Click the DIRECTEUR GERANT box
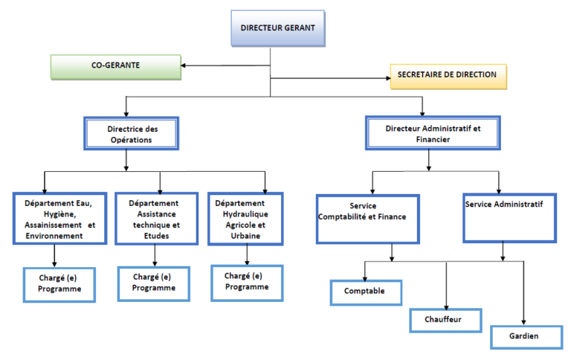tap(277, 28)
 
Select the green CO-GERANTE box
tap(115, 66)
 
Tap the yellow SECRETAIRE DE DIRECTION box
tap(448, 76)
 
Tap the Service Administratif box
tap(509, 217)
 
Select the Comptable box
tap(366, 292)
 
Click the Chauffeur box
tap(445, 320)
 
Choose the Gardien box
tap(525, 337)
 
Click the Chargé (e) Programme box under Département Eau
tap(59, 284)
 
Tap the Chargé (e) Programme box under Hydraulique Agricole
tap(247, 282)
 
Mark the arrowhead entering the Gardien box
tap(525, 322)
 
